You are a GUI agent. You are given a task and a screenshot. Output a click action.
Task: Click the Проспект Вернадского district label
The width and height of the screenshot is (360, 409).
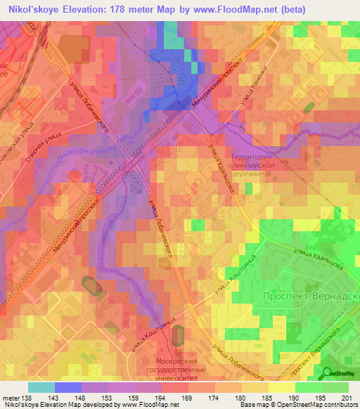click(x=309, y=297)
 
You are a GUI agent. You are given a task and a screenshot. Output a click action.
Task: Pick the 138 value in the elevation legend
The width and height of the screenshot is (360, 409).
click(x=27, y=398)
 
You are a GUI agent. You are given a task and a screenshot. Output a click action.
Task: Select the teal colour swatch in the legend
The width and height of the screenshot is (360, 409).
click(x=41, y=388)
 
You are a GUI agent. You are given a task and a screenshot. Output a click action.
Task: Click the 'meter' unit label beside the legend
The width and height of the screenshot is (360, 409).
click(x=10, y=398)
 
